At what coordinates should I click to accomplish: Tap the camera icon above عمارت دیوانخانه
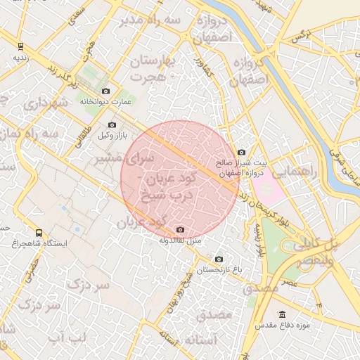(x=105, y=91)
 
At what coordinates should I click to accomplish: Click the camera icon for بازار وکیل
(x=112, y=124)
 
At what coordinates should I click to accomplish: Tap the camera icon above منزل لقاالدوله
(x=181, y=229)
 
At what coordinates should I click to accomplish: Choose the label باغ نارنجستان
(x=218, y=270)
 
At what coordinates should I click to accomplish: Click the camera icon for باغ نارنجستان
(x=218, y=259)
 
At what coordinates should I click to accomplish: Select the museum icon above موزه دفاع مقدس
(x=283, y=314)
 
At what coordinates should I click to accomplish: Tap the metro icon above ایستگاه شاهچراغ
(x=38, y=233)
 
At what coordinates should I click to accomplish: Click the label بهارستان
(x=151, y=62)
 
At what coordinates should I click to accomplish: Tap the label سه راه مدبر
(x=153, y=20)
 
